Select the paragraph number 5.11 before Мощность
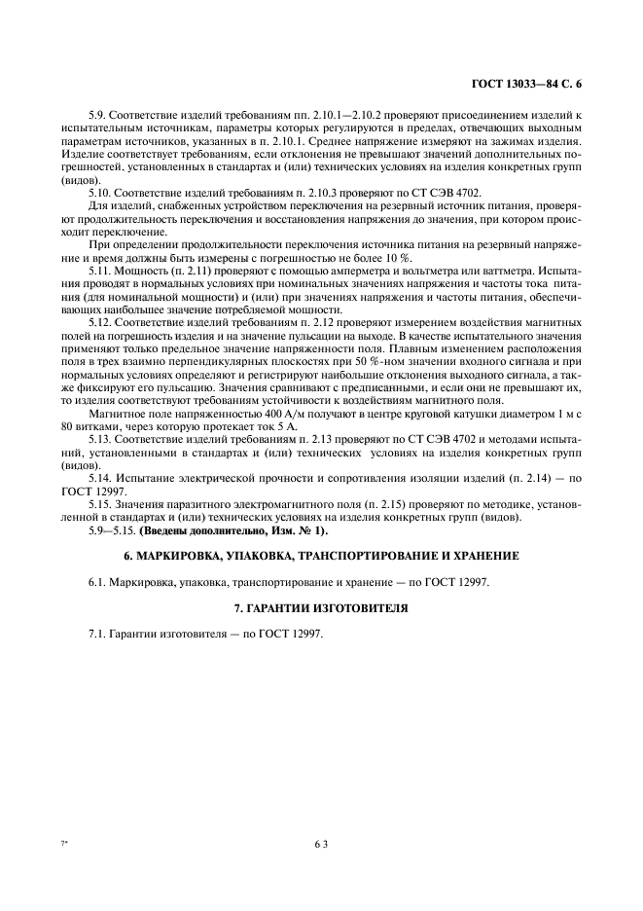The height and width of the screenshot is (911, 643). pos(98,268)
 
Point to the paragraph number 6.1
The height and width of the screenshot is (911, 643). pos(95,582)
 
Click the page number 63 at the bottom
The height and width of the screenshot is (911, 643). pos(320,845)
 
